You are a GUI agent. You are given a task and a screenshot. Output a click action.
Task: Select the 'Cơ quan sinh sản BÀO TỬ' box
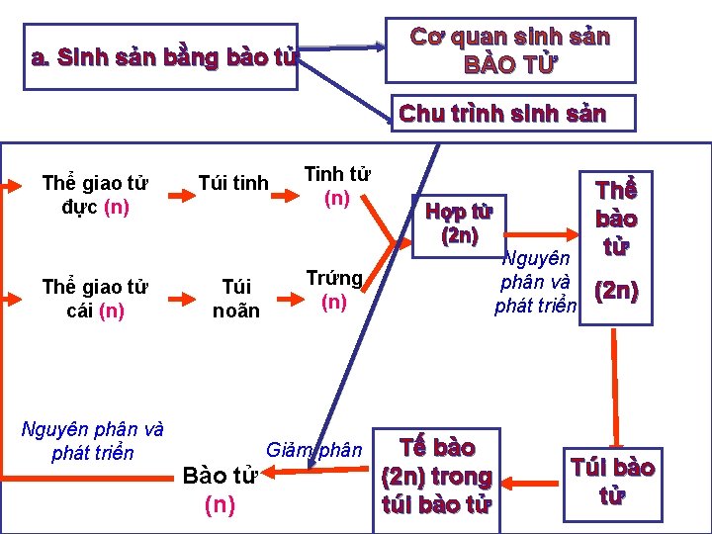509,49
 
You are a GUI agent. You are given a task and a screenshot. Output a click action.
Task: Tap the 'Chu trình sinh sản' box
502,114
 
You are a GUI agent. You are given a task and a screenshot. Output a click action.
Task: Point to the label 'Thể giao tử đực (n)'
95,195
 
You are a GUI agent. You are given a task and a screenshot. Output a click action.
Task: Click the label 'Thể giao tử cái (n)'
95,299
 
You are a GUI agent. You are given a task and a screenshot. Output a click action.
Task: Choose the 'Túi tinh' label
233,183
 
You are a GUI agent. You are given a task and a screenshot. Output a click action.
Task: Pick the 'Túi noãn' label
236,299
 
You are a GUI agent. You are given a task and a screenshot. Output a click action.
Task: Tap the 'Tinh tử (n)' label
336,186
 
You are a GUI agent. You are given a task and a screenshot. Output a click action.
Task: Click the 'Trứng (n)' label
334,289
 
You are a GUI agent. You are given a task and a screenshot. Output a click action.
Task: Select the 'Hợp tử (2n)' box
459,223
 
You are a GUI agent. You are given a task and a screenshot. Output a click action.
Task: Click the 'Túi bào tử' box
612,481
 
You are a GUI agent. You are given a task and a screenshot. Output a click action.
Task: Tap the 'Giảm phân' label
313,451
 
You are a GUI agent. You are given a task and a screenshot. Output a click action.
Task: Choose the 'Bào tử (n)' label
220,490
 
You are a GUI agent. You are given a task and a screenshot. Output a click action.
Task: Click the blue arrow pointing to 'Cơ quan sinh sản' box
341,45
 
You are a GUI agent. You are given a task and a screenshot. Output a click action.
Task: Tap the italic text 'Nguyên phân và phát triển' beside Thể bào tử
535,282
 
